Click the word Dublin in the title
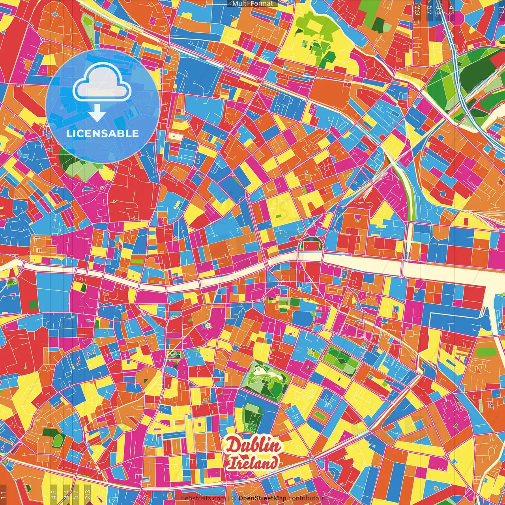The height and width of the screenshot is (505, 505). [253, 446]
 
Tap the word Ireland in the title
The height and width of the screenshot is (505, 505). [253, 463]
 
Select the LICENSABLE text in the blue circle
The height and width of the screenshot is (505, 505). [102, 133]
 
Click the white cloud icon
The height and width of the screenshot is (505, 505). [102, 84]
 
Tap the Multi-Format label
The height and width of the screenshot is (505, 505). [252, 4]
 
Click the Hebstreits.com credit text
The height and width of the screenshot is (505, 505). [203, 498]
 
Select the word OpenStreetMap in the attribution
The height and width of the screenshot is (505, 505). [262, 498]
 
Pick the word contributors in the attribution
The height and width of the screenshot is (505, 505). [306, 498]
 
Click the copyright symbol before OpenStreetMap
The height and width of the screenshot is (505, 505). [234, 498]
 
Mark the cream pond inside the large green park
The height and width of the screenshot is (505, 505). [263, 371]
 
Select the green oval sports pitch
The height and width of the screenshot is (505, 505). [484, 352]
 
